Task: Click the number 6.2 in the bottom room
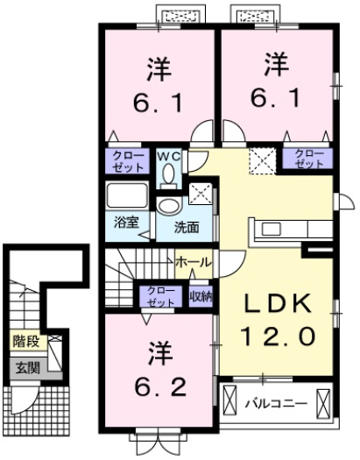(159, 386)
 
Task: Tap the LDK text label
(278, 303)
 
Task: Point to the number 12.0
(278, 335)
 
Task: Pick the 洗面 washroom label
(185, 227)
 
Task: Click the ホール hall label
(192, 262)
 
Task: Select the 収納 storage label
(201, 295)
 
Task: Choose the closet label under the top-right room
(307, 159)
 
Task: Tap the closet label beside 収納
(159, 295)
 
